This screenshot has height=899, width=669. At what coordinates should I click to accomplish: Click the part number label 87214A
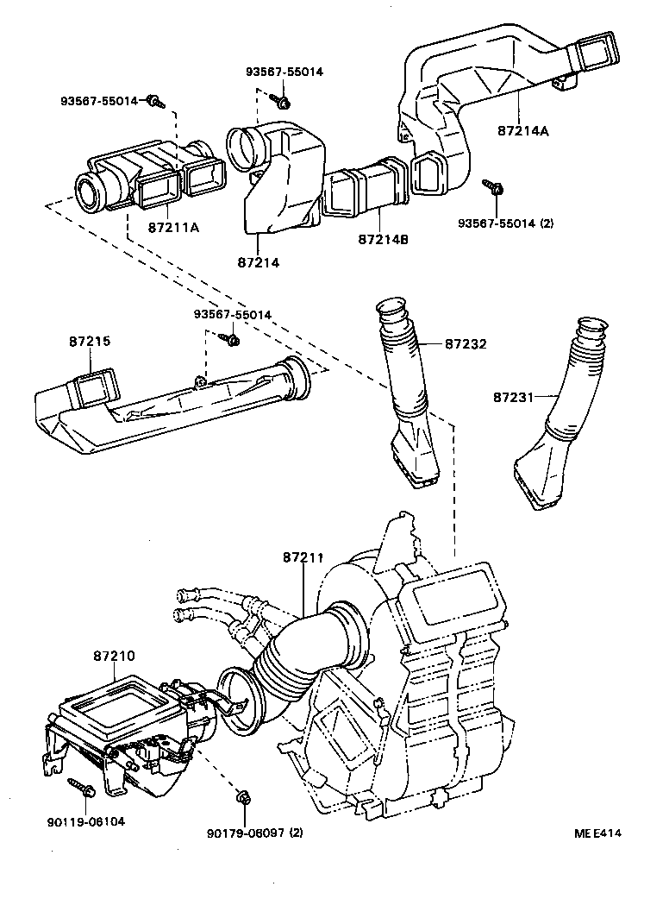pyautogui.click(x=523, y=131)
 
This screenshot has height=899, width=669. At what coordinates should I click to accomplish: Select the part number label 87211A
pyautogui.click(x=173, y=228)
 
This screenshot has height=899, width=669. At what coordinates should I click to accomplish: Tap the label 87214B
pyautogui.click(x=380, y=239)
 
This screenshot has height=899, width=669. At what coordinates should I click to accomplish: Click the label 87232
pyautogui.click(x=466, y=343)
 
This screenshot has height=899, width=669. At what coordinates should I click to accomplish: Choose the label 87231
pyautogui.click(x=515, y=397)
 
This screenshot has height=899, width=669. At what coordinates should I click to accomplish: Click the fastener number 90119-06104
pyautogui.click(x=85, y=821)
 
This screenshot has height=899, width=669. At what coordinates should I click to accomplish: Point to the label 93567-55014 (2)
pyautogui.click(x=506, y=222)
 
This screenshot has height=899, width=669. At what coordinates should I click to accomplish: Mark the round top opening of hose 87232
pyautogui.click(x=392, y=307)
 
